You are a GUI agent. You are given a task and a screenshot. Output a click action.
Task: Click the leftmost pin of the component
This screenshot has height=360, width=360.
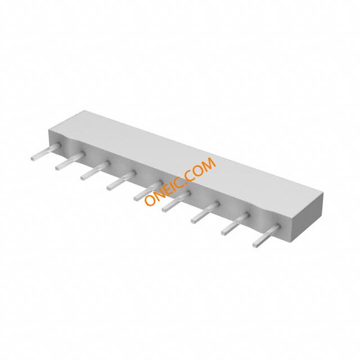[x=46, y=151]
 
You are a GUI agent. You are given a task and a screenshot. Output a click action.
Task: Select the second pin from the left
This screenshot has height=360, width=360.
[x=70, y=161]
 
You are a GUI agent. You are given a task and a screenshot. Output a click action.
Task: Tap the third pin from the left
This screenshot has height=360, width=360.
[x=95, y=170]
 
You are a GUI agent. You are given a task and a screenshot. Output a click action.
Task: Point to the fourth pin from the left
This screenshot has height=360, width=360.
[x=121, y=180]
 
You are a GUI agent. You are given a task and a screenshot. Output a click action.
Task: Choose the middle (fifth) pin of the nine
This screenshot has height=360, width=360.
[x=148, y=190]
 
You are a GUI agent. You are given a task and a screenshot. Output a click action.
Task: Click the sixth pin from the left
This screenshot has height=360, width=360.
[x=177, y=201]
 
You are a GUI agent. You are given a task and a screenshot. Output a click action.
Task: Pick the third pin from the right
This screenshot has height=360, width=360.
[x=205, y=212]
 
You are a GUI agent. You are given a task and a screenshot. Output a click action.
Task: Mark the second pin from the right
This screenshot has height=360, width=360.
[x=236, y=224]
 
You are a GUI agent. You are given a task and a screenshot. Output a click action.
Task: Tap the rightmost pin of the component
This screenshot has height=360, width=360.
[x=267, y=236]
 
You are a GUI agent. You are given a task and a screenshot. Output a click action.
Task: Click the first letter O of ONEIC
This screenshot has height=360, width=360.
[x=151, y=200]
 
